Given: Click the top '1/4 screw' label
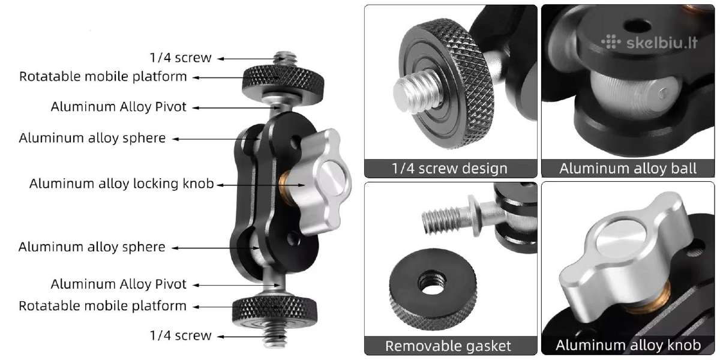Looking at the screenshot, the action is (181, 58).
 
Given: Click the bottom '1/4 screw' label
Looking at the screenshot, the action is (181, 335).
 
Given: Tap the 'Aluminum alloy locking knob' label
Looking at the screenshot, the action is (121, 184).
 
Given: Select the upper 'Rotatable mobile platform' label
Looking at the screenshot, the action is (103, 77).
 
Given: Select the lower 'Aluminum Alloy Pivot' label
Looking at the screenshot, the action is (119, 284).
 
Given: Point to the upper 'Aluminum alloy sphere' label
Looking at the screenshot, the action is (92, 138).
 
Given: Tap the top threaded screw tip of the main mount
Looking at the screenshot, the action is (285, 59).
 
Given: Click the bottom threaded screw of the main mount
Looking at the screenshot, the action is (275, 337).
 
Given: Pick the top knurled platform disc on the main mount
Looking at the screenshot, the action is (283, 83).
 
